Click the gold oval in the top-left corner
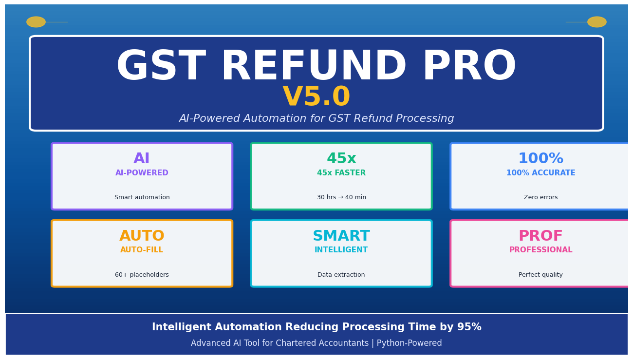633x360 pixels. click(x=36, y=22)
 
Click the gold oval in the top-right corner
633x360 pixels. click(x=596, y=22)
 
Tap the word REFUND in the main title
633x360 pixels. click(x=314, y=67)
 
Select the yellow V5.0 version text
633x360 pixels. click(x=316, y=97)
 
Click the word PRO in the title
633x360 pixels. click(x=469, y=67)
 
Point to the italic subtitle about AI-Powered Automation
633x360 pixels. click(x=316, y=119)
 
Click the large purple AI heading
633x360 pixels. click(x=142, y=159)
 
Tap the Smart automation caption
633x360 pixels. click(x=142, y=197)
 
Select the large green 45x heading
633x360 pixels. click(x=341, y=159)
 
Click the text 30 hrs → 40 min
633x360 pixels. click(x=341, y=197)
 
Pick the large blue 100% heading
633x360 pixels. click(x=540, y=159)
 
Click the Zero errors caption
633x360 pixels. click(x=540, y=197)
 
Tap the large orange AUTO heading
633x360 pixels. click(x=142, y=236)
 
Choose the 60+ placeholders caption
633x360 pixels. click(x=142, y=275)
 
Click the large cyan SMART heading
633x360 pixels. click(x=341, y=236)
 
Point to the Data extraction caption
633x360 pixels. click(x=341, y=275)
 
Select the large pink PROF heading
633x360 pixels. click(x=540, y=236)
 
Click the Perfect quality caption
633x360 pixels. click(x=540, y=275)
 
